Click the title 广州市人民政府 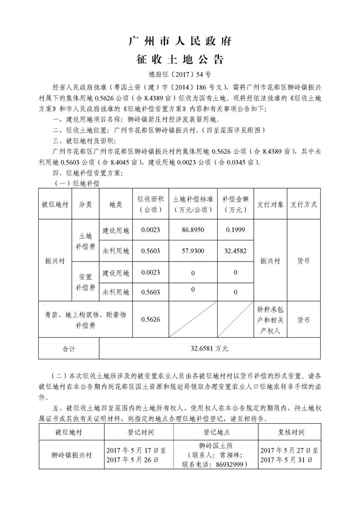(179, 41)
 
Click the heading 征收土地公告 (179, 59)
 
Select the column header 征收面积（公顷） (150, 204)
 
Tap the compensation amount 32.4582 (235, 251)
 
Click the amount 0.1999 (235, 230)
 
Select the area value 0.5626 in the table (150, 319)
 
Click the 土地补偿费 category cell (85, 240)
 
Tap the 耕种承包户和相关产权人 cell (270, 320)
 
